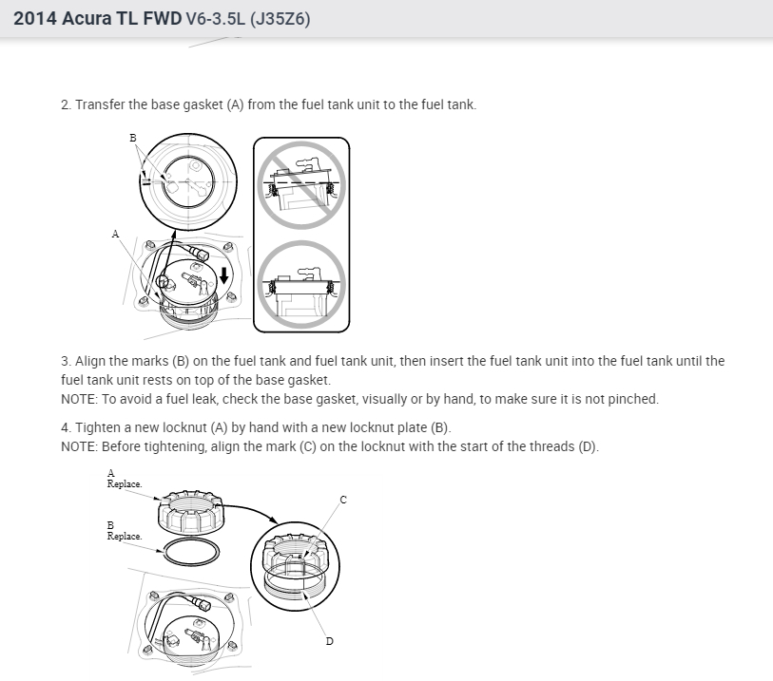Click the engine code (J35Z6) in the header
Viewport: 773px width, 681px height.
(280, 19)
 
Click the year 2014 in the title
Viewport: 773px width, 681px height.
(34, 18)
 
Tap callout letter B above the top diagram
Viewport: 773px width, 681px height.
(132, 138)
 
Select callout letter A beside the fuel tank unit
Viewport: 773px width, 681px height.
(115, 234)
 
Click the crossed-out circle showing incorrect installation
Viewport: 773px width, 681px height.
(301, 184)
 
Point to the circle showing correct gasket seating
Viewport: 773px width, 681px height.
(301, 285)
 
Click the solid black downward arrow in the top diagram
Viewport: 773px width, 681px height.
(224, 275)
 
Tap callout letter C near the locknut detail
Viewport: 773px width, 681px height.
(343, 500)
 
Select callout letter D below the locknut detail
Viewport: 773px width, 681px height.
(329, 641)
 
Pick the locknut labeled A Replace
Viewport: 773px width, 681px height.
(191, 512)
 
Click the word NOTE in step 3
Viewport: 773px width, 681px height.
(78, 399)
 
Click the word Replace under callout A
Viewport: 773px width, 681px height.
(125, 484)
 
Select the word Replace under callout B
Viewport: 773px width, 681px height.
(125, 537)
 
